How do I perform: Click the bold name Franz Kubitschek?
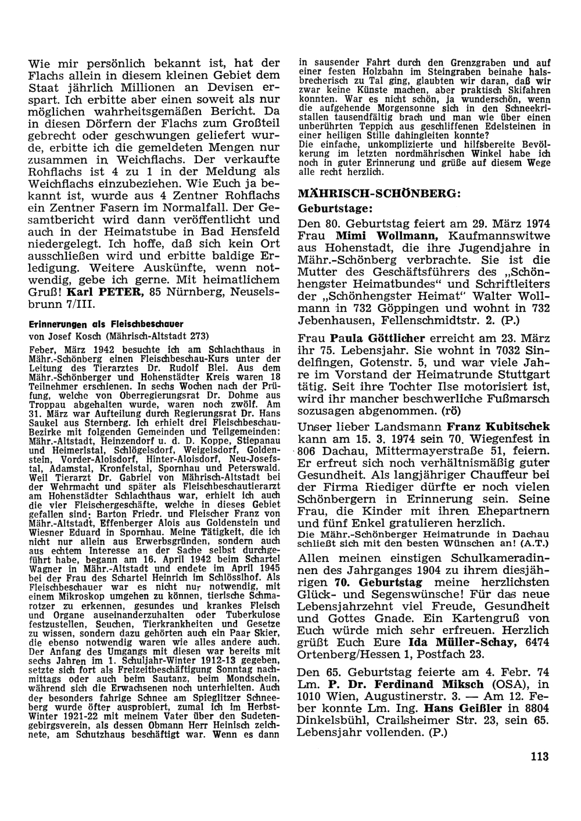point(498,426)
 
